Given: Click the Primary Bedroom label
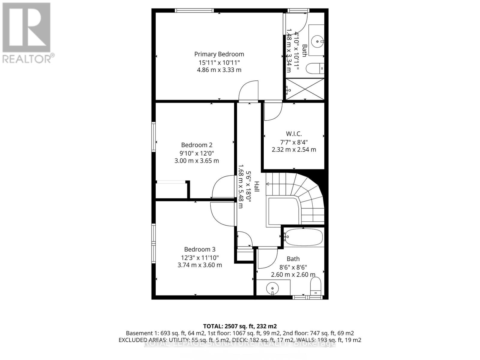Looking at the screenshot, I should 219,54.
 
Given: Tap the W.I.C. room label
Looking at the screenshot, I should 294,134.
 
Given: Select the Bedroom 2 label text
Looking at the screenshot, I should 196,145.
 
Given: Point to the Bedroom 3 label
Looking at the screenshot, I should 199,249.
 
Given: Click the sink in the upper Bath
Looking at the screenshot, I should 317,40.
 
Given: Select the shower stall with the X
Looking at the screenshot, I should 305,89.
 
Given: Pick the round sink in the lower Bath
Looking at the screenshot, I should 272,289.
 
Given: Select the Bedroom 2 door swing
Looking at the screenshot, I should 223,187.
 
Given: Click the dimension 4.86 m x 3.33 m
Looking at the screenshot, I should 219,70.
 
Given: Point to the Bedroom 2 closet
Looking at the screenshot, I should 171,190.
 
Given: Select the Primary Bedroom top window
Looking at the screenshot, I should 194,10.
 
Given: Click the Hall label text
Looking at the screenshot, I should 257,187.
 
